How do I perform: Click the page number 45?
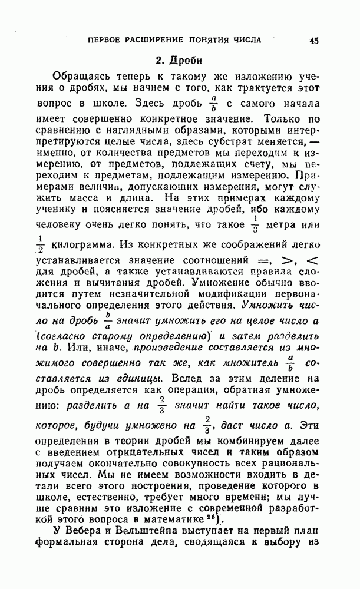313,41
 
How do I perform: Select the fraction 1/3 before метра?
272,225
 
